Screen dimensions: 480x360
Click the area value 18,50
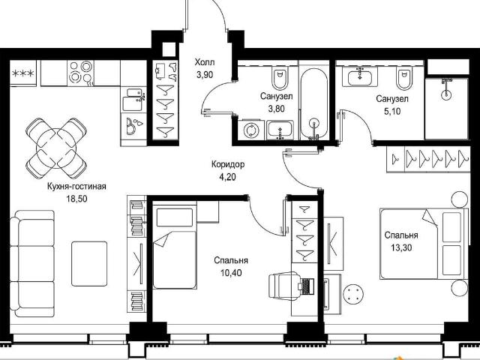click(x=76, y=199)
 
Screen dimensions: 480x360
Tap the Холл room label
click(x=205, y=62)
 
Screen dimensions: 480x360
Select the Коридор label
click(x=228, y=165)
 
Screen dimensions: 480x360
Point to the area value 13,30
click(x=401, y=247)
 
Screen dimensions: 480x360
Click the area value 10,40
click(x=231, y=272)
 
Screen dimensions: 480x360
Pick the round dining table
click(x=56, y=148)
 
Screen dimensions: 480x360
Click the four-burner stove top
click(x=80, y=73)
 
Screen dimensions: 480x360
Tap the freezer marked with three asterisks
click(x=23, y=73)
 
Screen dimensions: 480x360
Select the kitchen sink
click(x=133, y=100)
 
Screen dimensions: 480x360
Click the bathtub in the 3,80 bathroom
click(x=313, y=104)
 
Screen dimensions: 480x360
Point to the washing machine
click(x=252, y=130)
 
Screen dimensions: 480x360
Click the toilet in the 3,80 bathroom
click(x=279, y=78)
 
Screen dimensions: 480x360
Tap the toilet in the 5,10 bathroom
click(x=403, y=78)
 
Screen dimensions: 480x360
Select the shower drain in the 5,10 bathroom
click(x=446, y=94)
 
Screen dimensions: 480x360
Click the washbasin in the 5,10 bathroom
click(x=360, y=77)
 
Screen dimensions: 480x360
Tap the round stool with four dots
click(x=353, y=294)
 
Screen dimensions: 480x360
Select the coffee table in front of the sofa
click(x=89, y=264)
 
